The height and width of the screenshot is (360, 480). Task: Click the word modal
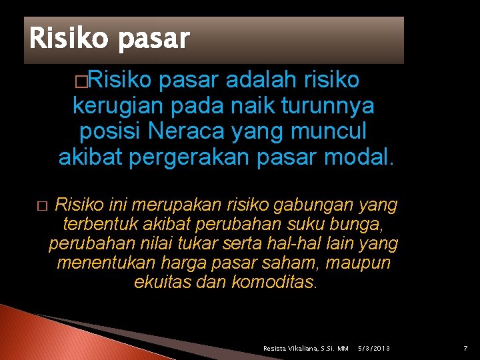[x=363, y=157]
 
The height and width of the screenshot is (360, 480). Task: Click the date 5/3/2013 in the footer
[x=374, y=349]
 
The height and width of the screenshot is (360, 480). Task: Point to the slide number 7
[x=465, y=348]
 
